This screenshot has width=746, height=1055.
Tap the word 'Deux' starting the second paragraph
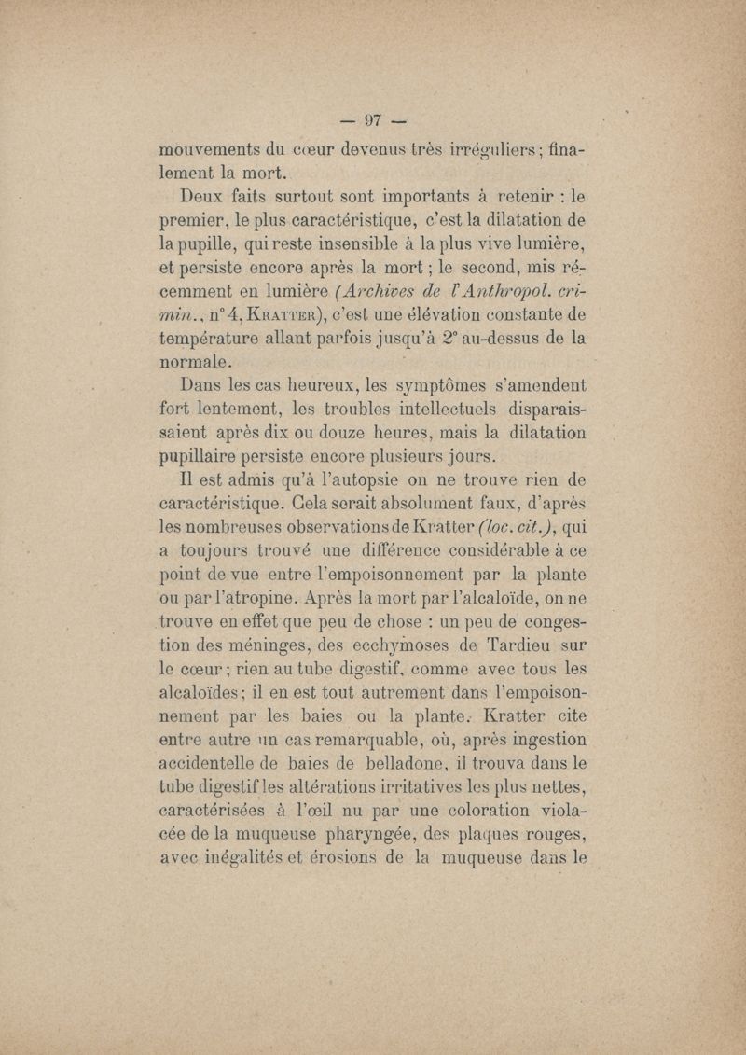click(x=205, y=197)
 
